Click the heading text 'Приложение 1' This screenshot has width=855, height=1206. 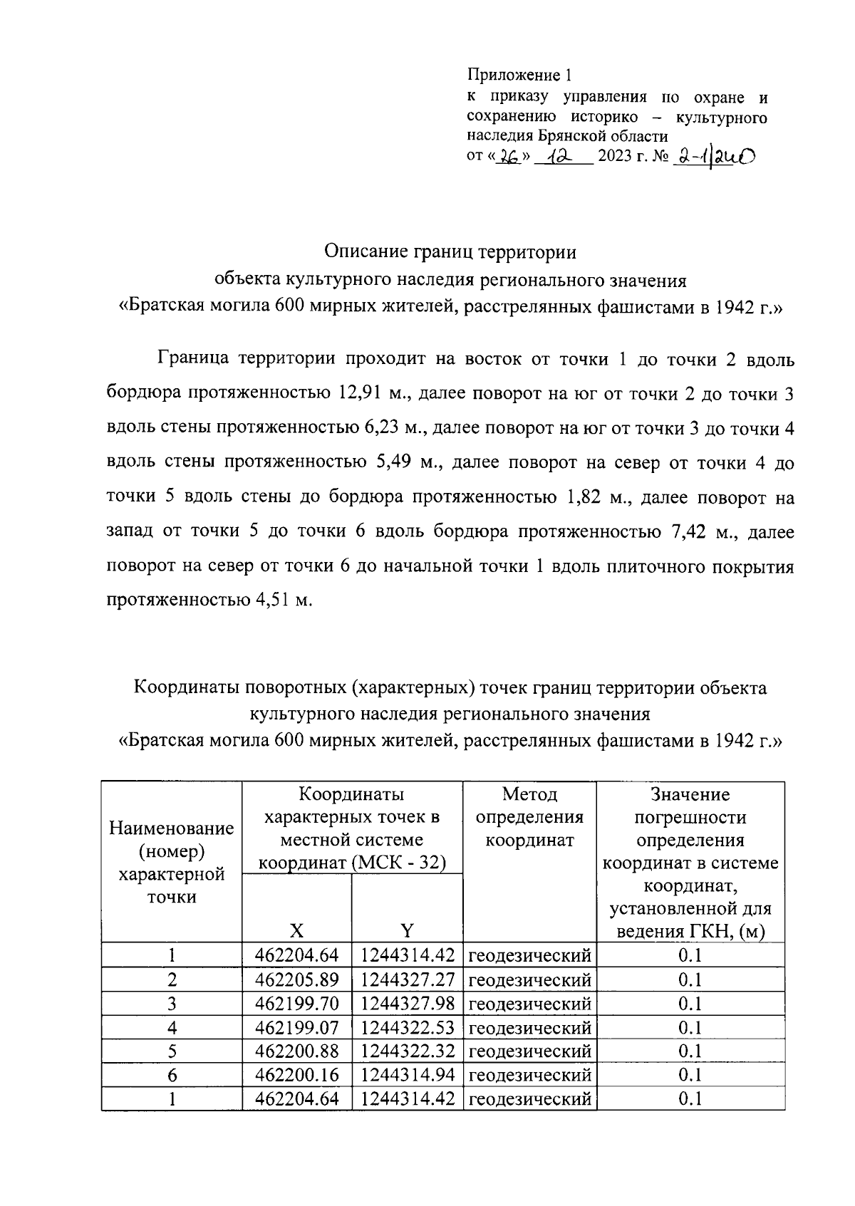click(519, 75)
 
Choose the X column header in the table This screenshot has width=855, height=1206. click(296, 930)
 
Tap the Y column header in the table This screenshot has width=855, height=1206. click(407, 930)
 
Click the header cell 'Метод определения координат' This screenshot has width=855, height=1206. click(529, 817)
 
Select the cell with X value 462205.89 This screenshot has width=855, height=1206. click(297, 979)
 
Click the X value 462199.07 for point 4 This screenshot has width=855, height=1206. click(297, 1027)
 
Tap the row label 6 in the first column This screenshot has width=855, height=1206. click(172, 1075)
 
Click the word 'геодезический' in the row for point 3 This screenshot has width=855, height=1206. click(530, 1003)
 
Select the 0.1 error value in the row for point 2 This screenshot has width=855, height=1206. click(690, 979)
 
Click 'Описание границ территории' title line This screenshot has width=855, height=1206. click(450, 251)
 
